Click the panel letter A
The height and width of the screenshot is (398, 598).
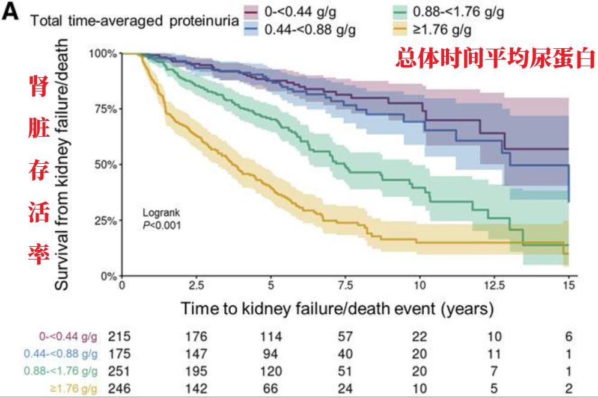[x=11, y=14]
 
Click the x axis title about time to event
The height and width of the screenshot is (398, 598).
[x=337, y=309]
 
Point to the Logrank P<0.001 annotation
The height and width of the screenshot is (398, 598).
[x=161, y=219]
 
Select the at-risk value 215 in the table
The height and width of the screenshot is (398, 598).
[x=119, y=337]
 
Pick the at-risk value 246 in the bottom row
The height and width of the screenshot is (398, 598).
[x=119, y=388]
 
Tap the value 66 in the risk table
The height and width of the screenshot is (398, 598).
[x=271, y=388]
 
